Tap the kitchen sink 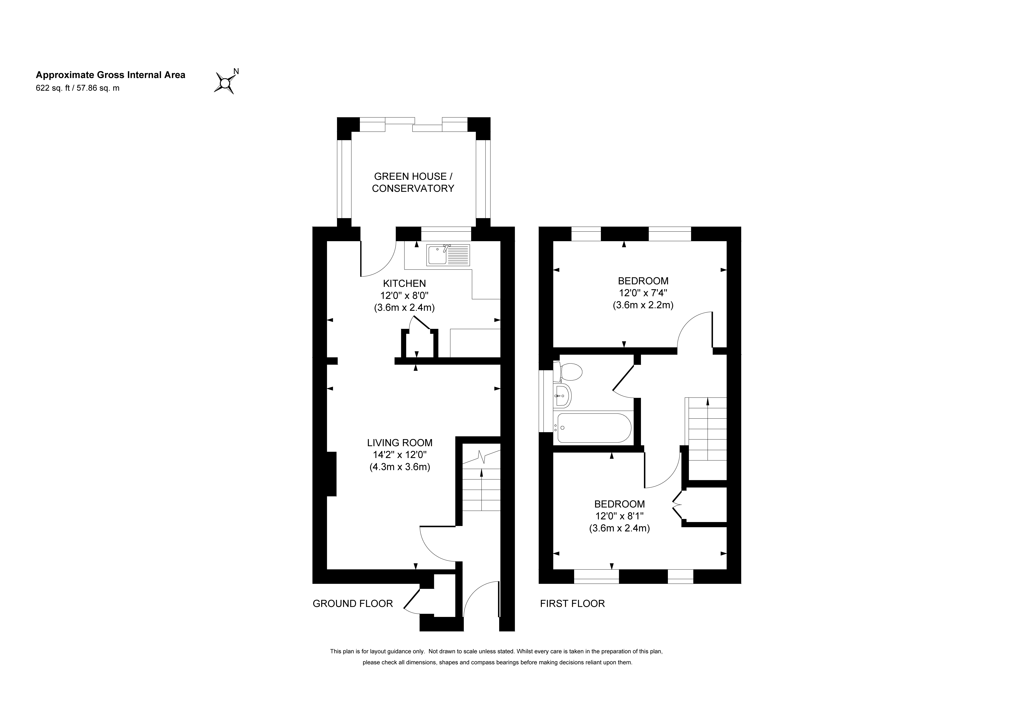tap(448, 255)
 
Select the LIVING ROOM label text tap(400, 443)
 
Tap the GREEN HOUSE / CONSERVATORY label tap(413, 182)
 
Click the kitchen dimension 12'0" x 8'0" tap(404, 296)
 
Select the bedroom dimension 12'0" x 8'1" tap(619, 516)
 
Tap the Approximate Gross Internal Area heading tap(110, 75)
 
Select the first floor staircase tap(707, 429)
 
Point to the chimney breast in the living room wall tap(331, 474)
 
